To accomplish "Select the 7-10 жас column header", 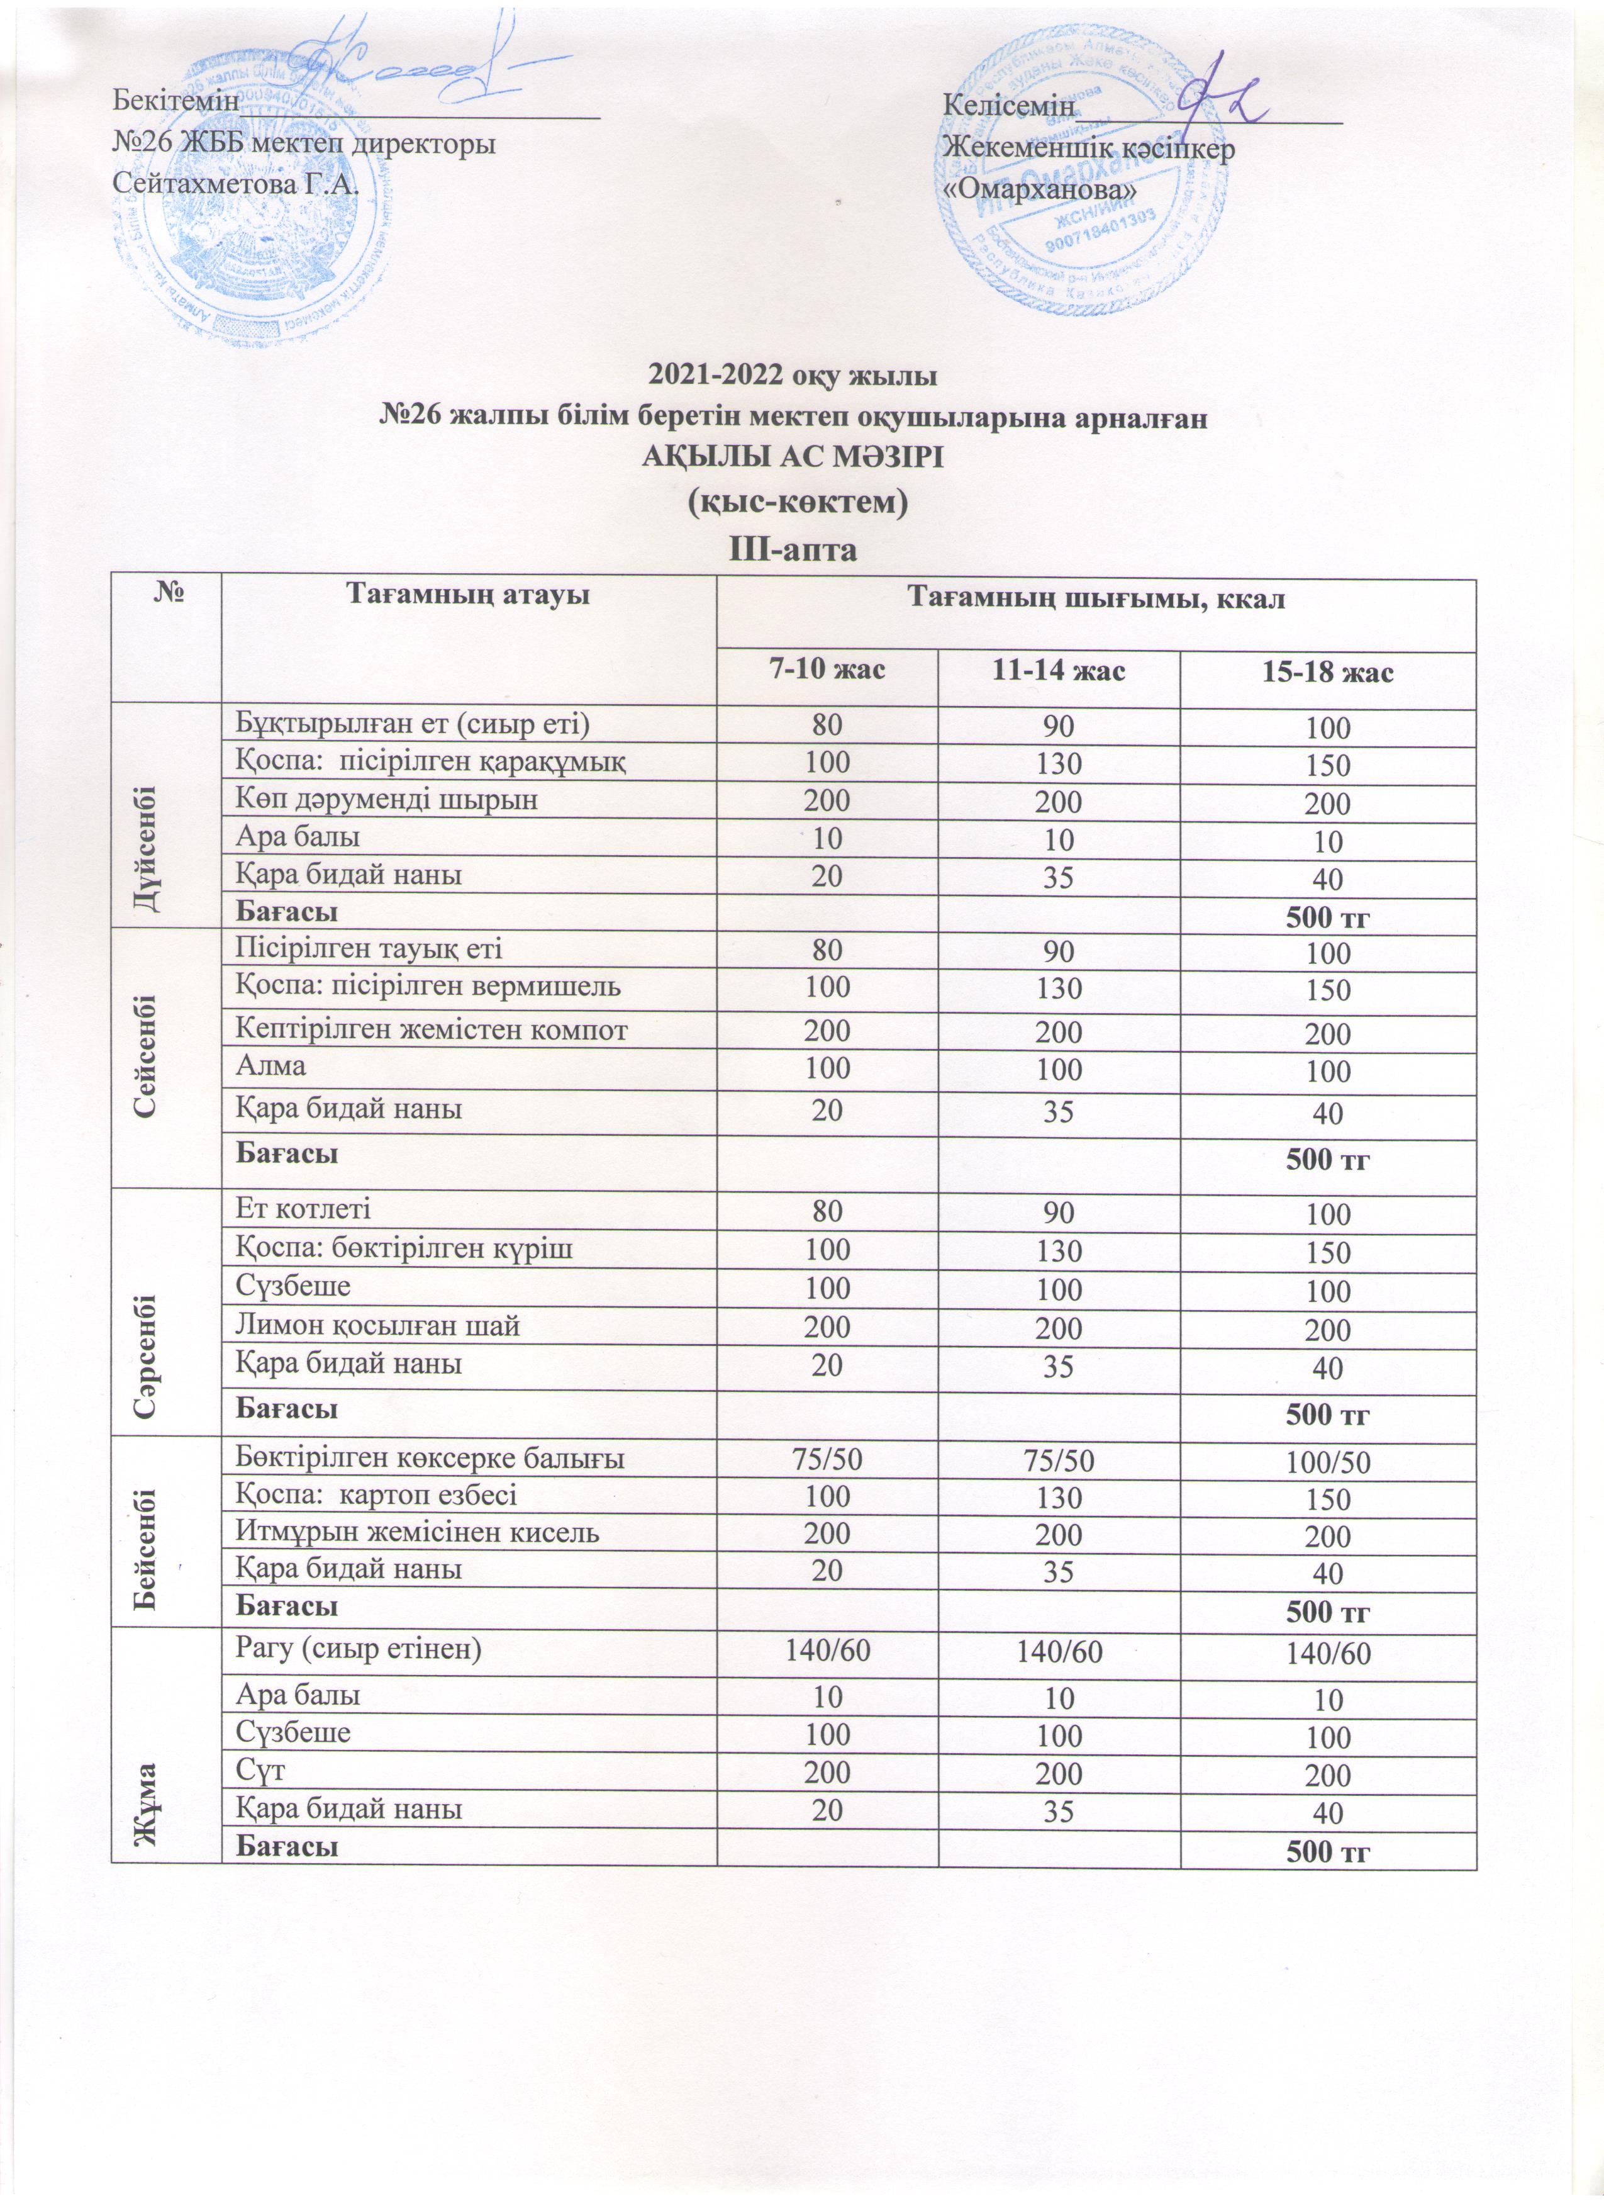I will click(827, 670).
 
